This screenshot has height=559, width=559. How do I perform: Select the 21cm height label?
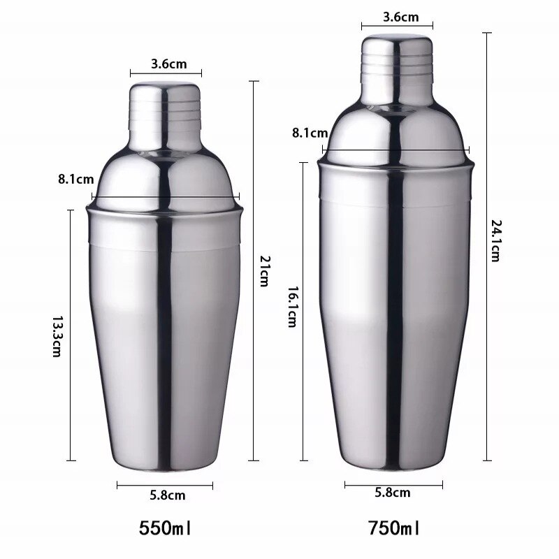263,271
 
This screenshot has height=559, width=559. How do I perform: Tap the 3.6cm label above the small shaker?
168,64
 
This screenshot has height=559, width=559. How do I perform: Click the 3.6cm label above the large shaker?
397,17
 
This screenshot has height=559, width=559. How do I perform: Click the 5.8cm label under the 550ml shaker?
168,495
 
